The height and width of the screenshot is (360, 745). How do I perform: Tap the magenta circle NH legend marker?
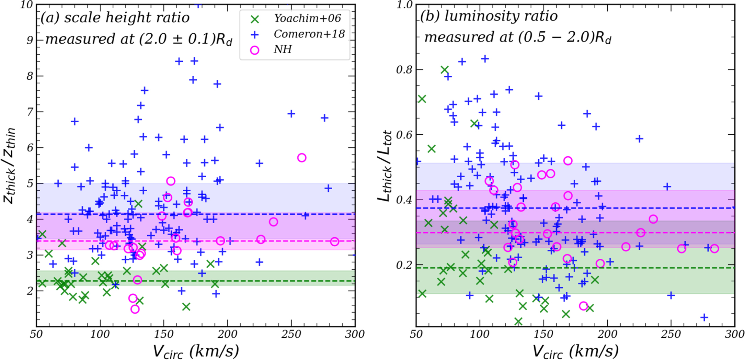pos(254,50)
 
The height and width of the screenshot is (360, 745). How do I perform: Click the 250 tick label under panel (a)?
pos(291,334)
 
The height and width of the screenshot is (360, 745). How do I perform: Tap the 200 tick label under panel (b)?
pos(607,334)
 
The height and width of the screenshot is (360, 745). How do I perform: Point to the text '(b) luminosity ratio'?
pos(489,16)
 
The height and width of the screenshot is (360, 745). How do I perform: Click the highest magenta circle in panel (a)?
pos(302,158)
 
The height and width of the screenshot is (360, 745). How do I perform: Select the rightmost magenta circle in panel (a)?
pos(334,241)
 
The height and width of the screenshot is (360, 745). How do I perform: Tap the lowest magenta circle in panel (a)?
pos(135,309)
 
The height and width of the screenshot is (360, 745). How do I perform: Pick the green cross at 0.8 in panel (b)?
pos(445,70)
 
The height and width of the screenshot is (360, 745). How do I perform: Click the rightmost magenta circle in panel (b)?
pos(714,249)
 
